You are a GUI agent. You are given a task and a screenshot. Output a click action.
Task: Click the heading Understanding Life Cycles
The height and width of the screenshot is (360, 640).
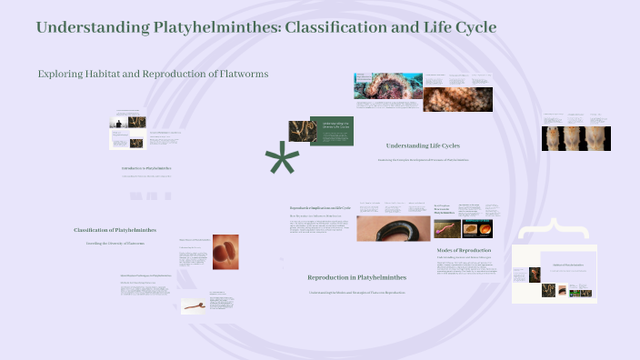click(423, 145)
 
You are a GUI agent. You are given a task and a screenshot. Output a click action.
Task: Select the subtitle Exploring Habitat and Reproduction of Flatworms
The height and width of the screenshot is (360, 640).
click(153, 74)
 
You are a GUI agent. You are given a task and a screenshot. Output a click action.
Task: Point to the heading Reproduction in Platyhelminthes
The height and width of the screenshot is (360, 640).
click(356, 276)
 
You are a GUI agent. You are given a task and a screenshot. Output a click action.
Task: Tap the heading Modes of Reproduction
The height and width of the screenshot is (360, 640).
click(464, 249)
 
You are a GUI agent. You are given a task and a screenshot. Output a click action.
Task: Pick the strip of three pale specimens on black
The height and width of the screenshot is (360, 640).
click(575, 138)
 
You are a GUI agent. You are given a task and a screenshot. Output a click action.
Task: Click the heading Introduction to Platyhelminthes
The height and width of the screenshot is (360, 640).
click(146, 168)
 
